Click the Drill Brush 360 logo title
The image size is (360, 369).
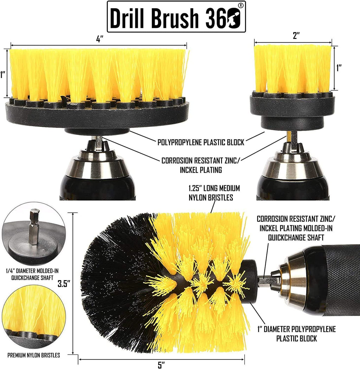pyautogui.click(x=176, y=17)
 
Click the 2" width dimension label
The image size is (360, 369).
pyautogui.click(x=296, y=35)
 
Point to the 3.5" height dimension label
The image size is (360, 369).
pyautogui.click(x=64, y=283)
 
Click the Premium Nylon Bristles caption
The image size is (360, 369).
pyautogui.click(x=33, y=355)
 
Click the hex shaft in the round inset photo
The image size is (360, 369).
pyautogui.click(x=34, y=226)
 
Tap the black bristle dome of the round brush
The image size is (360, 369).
pyautogui.click(x=112, y=281)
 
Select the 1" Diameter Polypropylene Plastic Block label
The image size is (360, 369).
pyautogui.click(x=296, y=334)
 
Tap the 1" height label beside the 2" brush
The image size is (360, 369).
pyautogui.click(x=339, y=67)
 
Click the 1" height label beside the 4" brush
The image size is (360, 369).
pyautogui.click(x=3, y=75)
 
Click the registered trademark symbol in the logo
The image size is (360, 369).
pyautogui.click(x=240, y=5)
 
